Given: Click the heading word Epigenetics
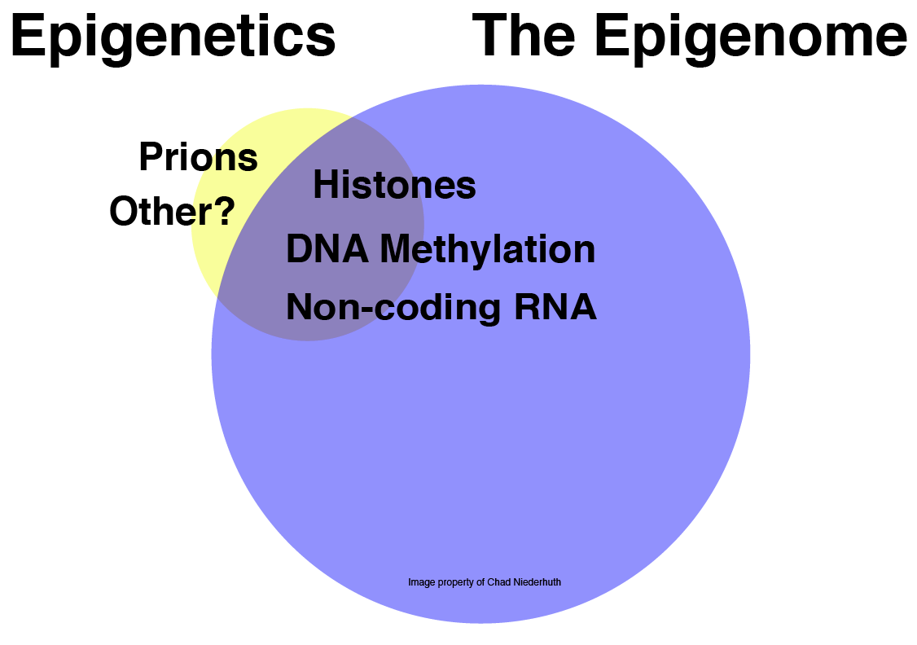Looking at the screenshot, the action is pos(173,37).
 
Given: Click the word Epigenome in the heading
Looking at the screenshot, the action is pos(750,37).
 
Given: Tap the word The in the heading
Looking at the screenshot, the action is pos(524,36).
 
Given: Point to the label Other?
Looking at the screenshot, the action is pos(172,211).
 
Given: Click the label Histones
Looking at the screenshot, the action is pos(394,185).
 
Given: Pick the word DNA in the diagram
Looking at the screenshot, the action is pos(327,249).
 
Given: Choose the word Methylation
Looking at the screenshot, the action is pos(488,250).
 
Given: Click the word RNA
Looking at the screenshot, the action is pos(555,306).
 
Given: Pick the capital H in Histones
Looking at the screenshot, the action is pos(325,185).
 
